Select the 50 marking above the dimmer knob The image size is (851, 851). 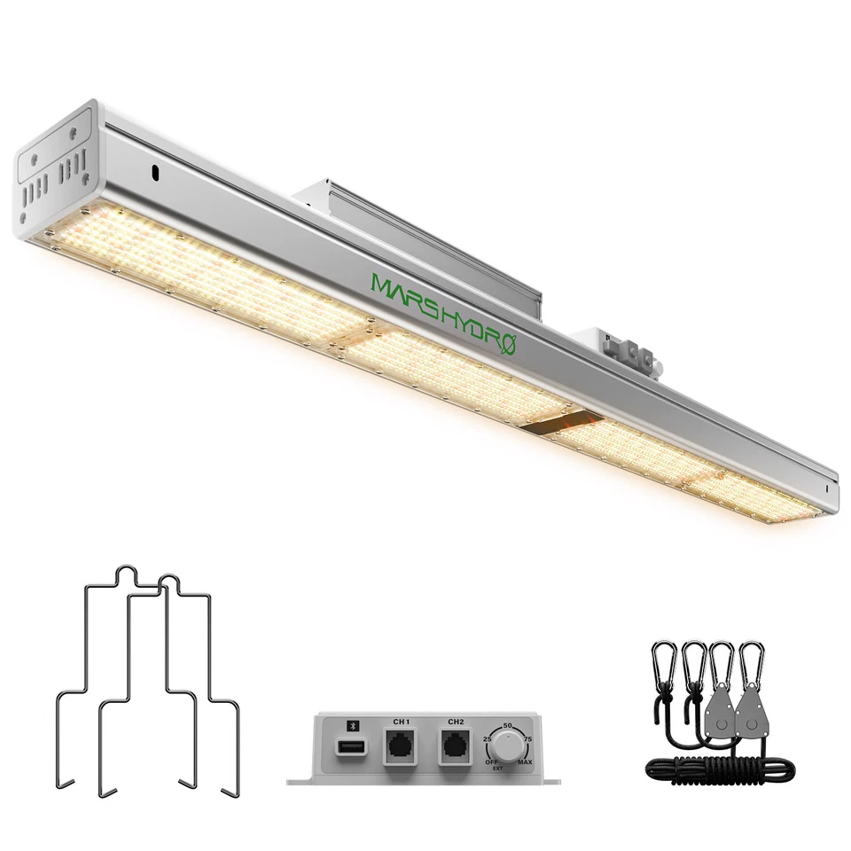pos(507,725)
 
